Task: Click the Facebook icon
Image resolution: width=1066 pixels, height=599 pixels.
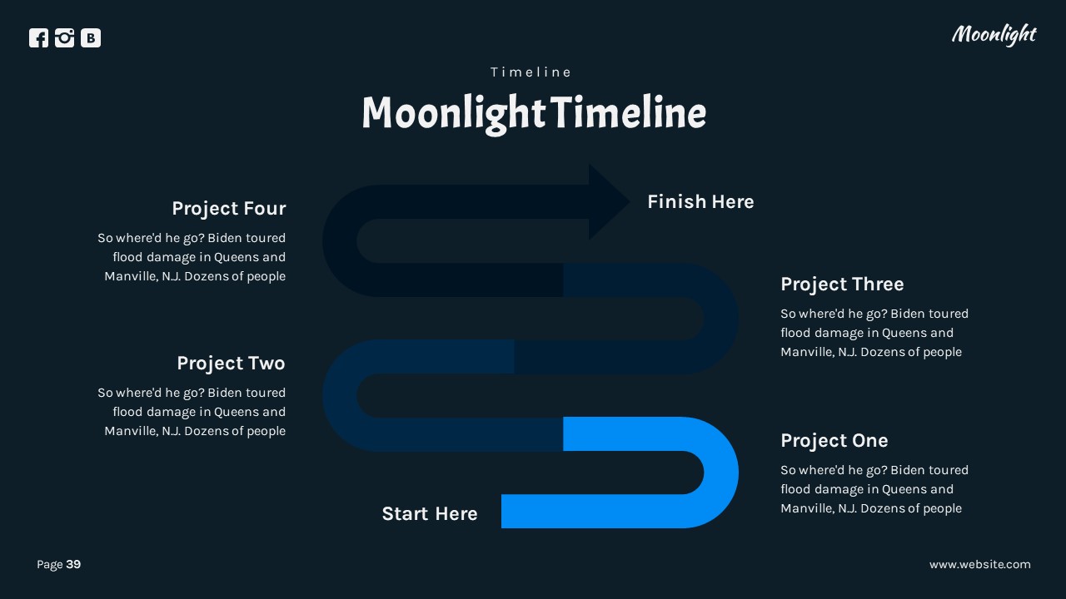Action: [38, 37]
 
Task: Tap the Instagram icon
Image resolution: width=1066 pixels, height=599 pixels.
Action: [64, 37]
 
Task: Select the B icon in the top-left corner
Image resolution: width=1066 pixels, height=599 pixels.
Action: [91, 37]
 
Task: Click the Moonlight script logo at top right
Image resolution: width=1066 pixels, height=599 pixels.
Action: [994, 34]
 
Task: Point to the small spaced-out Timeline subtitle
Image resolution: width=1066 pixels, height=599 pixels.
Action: [531, 72]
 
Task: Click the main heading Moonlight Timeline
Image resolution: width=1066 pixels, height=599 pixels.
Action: [533, 113]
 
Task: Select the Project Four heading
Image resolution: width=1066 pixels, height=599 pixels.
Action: [228, 208]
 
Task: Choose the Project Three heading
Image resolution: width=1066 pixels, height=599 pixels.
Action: [841, 284]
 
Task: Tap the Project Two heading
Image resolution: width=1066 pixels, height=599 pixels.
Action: [231, 363]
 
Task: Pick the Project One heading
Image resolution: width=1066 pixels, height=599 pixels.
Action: [834, 440]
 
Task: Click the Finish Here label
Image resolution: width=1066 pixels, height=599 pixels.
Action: [700, 201]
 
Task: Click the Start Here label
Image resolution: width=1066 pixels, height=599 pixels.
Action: [429, 513]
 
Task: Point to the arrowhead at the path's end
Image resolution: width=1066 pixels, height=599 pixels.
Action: [607, 201]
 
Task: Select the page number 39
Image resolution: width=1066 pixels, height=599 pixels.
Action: [73, 564]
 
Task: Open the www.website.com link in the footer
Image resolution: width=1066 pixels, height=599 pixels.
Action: [979, 564]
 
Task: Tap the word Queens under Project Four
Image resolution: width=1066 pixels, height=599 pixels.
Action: [238, 257]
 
